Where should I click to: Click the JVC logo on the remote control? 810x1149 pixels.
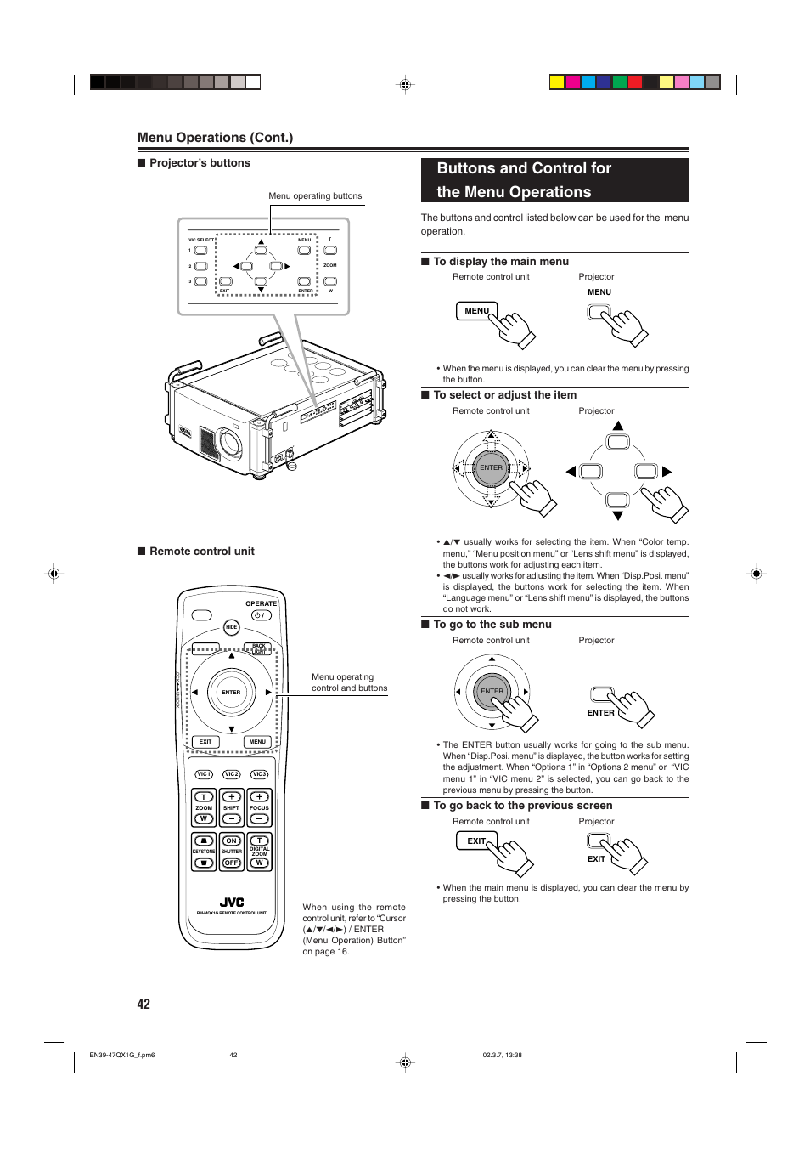232,903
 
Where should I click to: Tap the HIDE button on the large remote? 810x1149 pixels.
231,627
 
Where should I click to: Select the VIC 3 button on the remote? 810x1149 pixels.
259,774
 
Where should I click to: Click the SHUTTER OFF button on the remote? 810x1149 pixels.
231,863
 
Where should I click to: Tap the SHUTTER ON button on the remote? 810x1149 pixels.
231,841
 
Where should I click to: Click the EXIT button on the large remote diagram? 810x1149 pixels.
205,742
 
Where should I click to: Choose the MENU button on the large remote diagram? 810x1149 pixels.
257,742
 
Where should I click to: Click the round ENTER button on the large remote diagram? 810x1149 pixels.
231,693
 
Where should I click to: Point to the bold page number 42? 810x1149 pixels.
143,1005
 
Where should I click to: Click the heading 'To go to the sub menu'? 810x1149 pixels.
492,625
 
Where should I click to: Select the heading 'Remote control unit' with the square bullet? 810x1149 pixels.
202,552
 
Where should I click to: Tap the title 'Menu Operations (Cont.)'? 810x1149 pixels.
215,138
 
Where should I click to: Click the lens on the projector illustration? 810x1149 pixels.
229,442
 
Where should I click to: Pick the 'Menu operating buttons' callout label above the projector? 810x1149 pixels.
315,196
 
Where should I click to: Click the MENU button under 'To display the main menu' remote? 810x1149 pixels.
476,311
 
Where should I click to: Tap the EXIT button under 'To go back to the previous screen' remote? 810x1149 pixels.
476,841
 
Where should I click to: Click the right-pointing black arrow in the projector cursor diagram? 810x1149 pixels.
667,472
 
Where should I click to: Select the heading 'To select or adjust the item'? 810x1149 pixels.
504,395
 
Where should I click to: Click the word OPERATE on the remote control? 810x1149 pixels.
261,603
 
